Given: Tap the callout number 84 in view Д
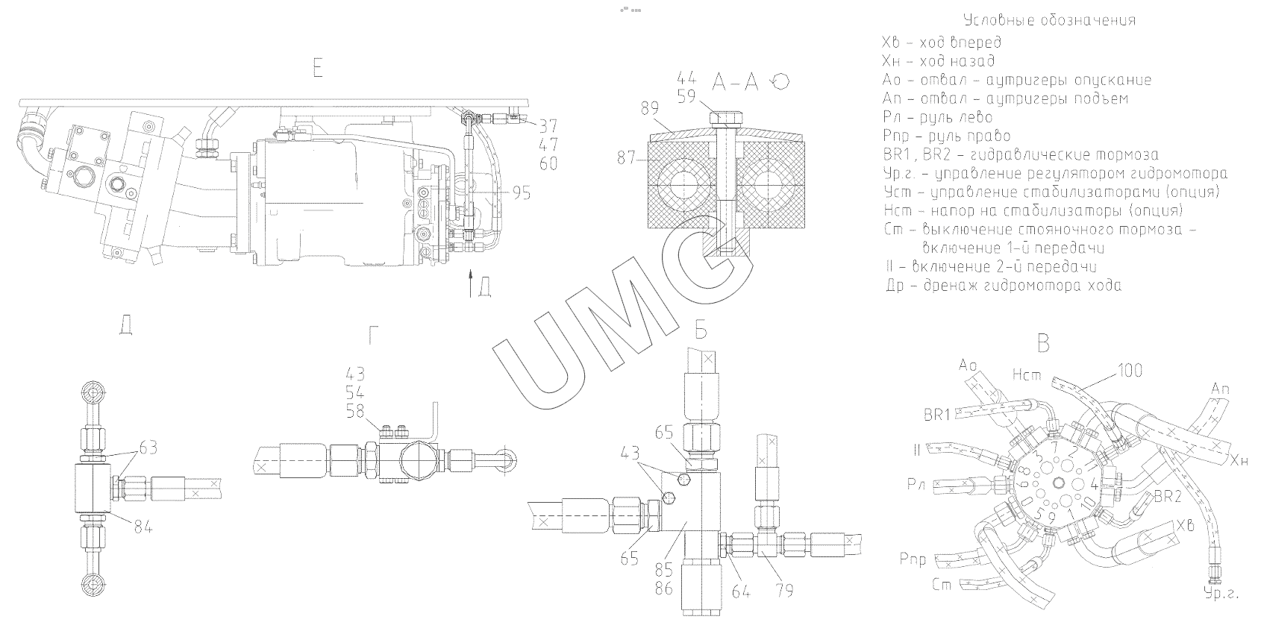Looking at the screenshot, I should pyautogui.click(x=143, y=527).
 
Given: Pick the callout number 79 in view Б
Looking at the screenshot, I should pyautogui.click(x=783, y=591).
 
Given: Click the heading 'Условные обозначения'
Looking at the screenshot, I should pyautogui.click(x=1049, y=20).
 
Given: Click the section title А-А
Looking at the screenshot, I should pyautogui.click(x=735, y=82).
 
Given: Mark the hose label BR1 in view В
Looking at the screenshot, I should pyautogui.click(x=936, y=415).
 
